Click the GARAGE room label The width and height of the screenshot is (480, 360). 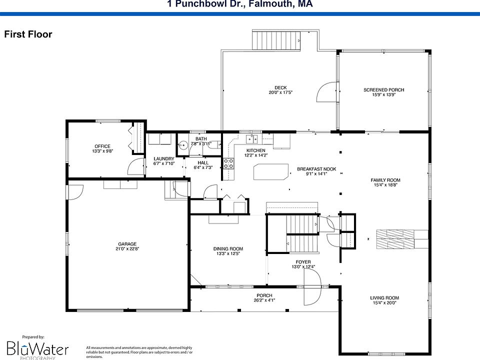point(127,244)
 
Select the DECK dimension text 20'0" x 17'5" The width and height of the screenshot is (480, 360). point(280,92)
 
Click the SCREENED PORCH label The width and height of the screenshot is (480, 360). point(383,90)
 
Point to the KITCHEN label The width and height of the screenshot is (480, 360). point(256,150)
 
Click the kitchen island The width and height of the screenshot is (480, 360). point(271,171)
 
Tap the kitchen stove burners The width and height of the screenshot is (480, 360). point(228,162)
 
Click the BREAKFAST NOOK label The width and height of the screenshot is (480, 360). point(316,169)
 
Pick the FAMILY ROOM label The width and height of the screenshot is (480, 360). point(385,180)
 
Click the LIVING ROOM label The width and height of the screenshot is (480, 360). point(384,298)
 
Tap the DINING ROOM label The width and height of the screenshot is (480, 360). point(228,248)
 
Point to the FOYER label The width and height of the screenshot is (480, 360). point(303,262)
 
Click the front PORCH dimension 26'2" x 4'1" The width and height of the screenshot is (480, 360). point(264,300)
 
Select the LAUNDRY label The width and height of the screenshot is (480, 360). point(163,158)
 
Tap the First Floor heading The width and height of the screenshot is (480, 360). point(28,34)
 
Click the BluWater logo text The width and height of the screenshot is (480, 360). point(37,348)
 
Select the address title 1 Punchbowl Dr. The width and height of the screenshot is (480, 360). point(240,4)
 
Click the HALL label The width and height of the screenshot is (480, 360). point(203,162)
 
